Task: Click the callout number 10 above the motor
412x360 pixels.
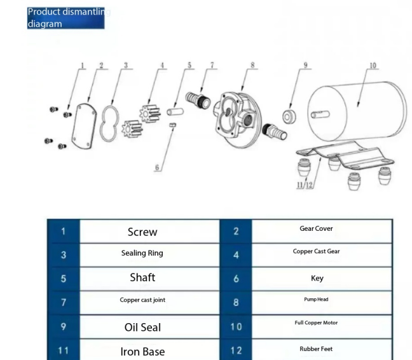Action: [x=373, y=66]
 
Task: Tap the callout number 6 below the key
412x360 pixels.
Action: [x=157, y=167]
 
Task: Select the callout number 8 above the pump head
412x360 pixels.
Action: [x=252, y=65]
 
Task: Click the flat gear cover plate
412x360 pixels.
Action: [x=84, y=126]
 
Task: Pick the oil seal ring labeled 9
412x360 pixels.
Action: [x=289, y=116]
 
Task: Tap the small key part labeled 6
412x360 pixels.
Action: [x=172, y=125]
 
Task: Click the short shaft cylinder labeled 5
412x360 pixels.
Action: [x=175, y=112]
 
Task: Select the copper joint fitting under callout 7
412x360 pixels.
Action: [x=198, y=100]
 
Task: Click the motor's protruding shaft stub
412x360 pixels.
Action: [x=320, y=114]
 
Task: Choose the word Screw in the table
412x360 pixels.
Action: [x=142, y=232]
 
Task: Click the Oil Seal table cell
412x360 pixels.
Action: [x=142, y=328]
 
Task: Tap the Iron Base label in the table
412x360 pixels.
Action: [x=142, y=352]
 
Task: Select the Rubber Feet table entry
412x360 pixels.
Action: [x=316, y=349]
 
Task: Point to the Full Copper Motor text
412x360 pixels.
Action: [x=316, y=322]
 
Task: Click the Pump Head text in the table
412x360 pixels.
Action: [x=316, y=300]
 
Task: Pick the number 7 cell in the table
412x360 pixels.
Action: [x=64, y=303]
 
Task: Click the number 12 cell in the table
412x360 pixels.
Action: [x=236, y=350]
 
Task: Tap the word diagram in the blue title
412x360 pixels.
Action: [x=45, y=24]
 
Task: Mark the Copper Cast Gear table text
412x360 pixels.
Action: [x=317, y=251]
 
